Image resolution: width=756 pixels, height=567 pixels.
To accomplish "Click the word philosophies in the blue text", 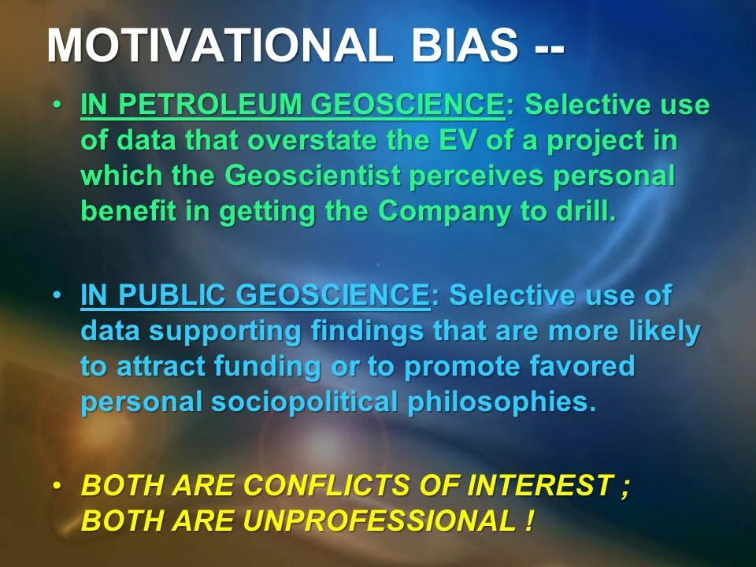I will click(498, 403).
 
